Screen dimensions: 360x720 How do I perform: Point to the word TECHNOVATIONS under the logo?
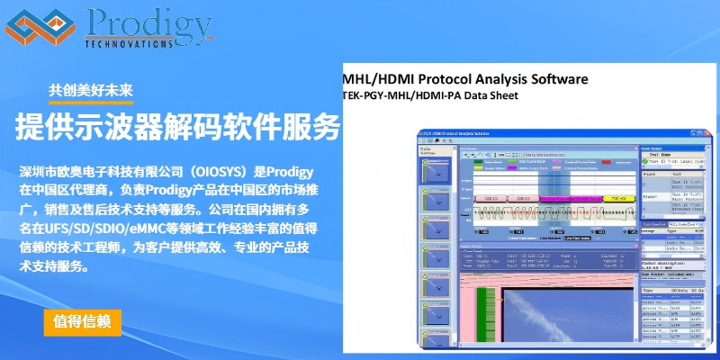(128, 42)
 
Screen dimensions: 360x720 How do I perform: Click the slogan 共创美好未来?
(91, 90)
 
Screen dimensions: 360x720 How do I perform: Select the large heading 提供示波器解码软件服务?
(178, 127)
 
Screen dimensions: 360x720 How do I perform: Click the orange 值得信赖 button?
(82, 322)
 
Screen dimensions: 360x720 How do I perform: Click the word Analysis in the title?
(501, 78)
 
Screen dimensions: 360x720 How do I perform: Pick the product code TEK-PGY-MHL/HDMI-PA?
(409, 94)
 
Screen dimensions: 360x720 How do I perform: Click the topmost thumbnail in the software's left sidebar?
(437, 170)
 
